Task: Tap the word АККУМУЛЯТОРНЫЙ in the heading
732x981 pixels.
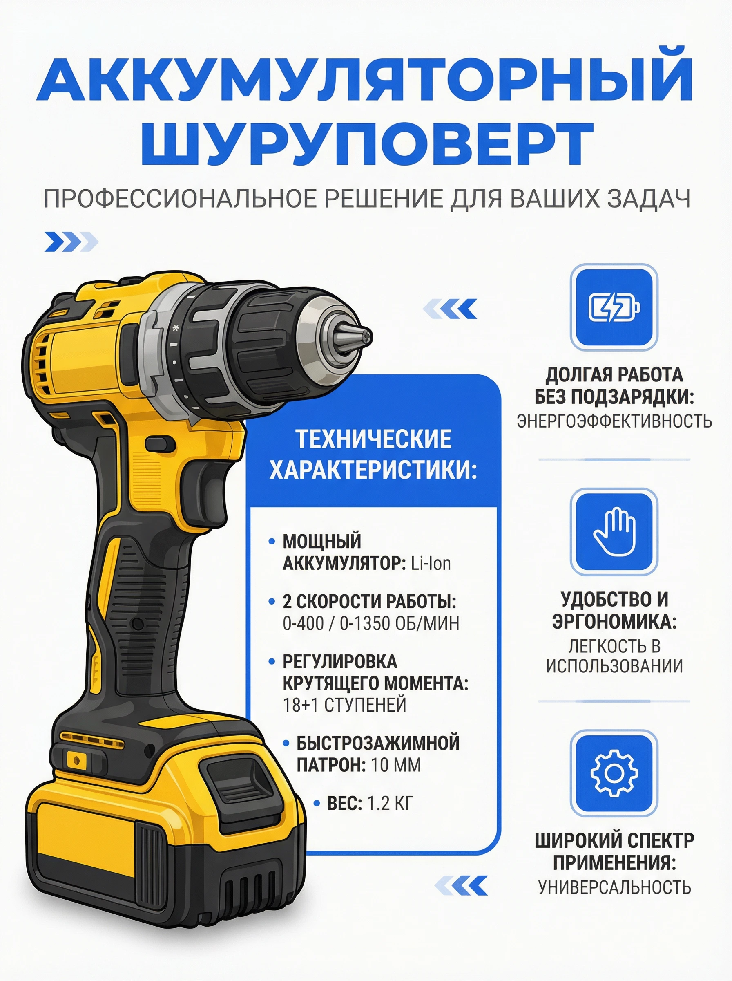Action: click(x=365, y=79)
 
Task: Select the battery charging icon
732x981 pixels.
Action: click(x=614, y=307)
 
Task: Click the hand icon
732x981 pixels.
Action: click(x=614, y=531)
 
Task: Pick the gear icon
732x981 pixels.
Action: click(x=614, y=773)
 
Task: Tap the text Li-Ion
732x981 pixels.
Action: click(x=431, y=563)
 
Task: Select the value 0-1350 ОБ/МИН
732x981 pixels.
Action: click(x=399, y=623)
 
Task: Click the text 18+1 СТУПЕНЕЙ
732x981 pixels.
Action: click(x=344, y=705)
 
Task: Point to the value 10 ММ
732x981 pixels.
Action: click(x=396, y=765)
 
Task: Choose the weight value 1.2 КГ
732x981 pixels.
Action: click(x=390, y=803)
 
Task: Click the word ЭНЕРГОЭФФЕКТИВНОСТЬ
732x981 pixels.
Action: click(x=614, y=421)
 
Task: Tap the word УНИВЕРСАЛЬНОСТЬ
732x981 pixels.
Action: click(x=614, y=887)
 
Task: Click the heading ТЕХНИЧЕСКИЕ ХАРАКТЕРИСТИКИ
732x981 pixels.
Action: click(x=373, y=455)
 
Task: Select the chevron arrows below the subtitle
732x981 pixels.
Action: click(x=71, y=242)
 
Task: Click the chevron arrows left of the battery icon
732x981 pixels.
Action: click(x=450, y=309)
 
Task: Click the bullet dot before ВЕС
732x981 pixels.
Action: click(x=317, y=803)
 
